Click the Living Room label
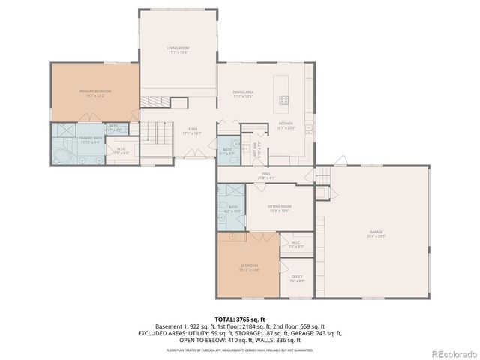click(178, 50)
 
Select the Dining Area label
click(243, 94)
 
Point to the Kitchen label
click(286, 125)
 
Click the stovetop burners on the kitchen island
click(284, 100)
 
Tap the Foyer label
click(192, 131)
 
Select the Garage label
click(376, 233)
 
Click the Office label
click(297, 278)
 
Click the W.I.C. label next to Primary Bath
click(120, 150)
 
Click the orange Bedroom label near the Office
click(249, 267)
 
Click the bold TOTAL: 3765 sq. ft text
click(239, 319)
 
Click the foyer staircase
click(154, 135)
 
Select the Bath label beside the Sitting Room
click(232, 208)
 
